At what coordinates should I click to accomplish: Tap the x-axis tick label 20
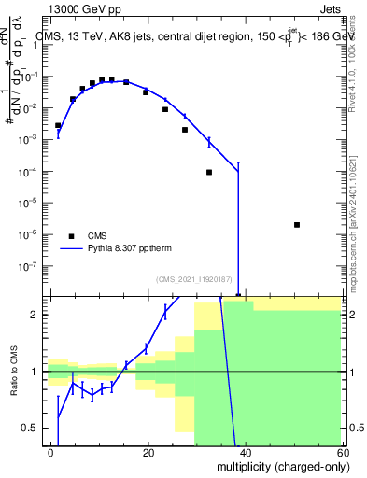point(148,453)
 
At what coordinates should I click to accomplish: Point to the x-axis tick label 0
point(51,453)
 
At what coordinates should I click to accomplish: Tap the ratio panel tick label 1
point(36,372)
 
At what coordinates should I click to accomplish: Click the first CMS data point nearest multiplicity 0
point(58,125)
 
